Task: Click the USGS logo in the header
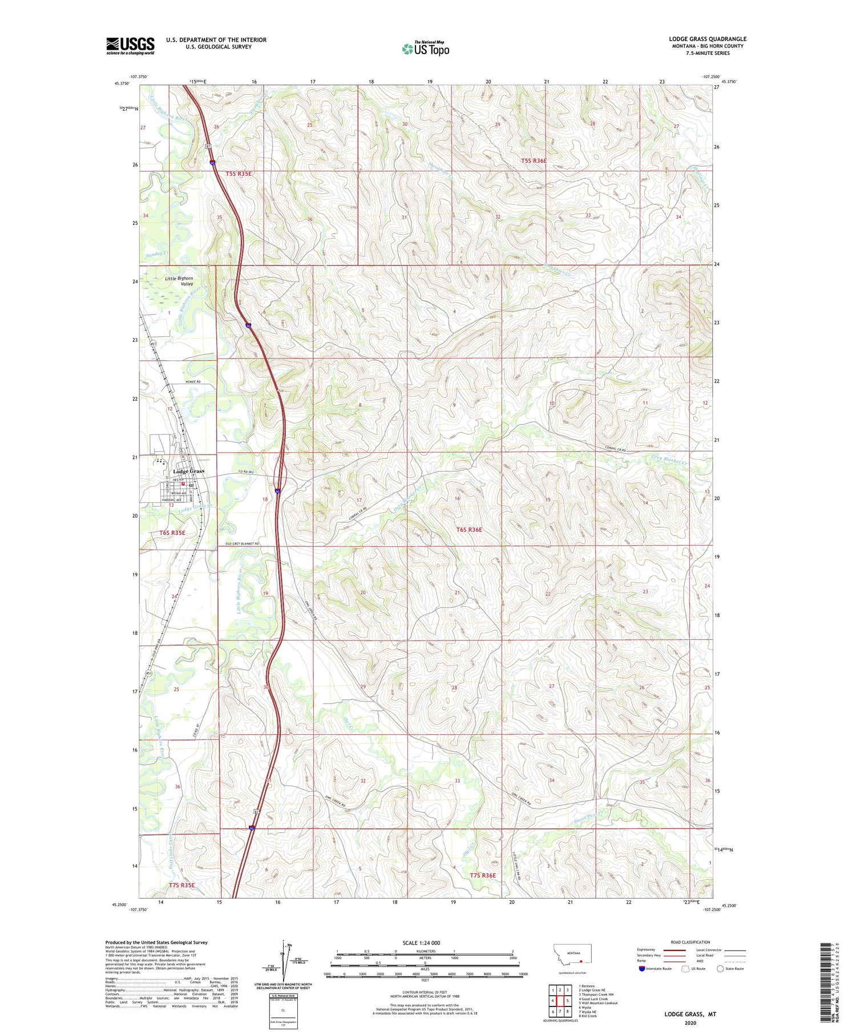coord(130,46)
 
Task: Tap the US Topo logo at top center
coord(425,49)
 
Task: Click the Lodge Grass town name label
coord(188,471)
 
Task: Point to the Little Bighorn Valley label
coord(179,281)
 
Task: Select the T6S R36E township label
coord(469,530)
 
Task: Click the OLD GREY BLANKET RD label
coord(243,543)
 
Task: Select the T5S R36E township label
coord(534,161)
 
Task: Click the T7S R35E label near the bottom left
coord(181,885)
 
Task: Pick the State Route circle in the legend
coord(720,969)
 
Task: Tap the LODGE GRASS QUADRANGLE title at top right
coord(708,39)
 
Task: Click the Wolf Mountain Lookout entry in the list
coord(598,1003)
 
